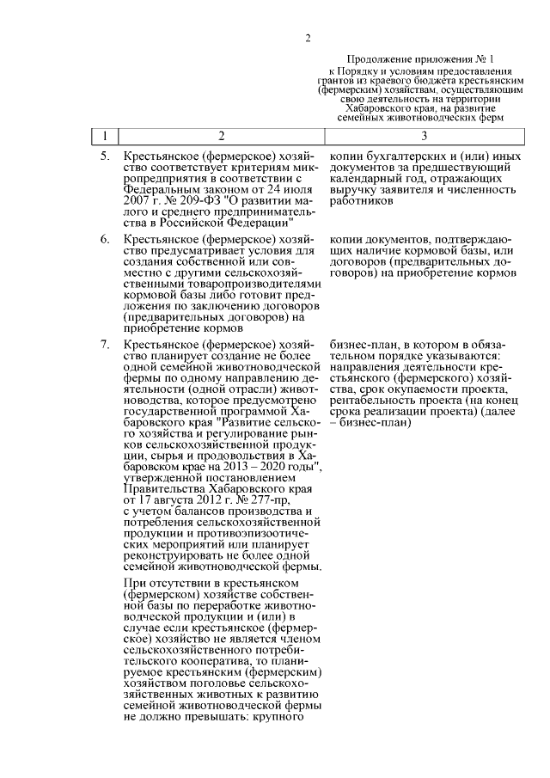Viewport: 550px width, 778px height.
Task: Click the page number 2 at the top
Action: tap(306, 36)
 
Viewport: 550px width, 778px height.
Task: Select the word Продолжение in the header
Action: tap(377, 55)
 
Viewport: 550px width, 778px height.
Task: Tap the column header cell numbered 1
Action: tap(104, 135)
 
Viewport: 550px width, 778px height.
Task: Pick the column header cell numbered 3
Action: tap(424, 135)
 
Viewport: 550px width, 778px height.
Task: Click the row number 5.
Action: tap(104, 156)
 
